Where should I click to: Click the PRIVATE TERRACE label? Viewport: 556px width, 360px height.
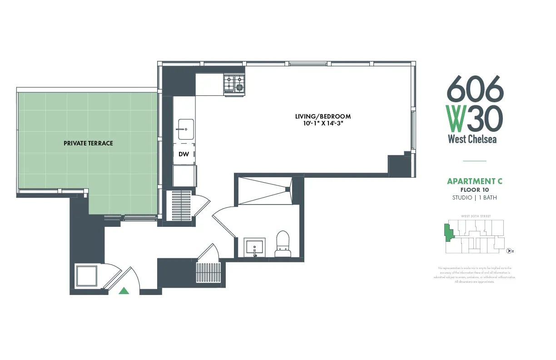(88, 143)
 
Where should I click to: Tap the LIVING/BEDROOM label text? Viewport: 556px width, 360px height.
(323, 116)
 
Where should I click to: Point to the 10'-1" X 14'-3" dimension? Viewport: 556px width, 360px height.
(323, 124)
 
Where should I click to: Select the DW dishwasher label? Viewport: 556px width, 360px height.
(184, 155)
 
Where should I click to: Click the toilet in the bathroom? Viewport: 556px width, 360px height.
(283, 243)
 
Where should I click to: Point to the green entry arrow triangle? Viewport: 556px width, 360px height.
(124, 291)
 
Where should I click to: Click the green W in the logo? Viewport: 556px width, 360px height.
(455, 118)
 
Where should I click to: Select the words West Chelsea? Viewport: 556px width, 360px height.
(472, 139)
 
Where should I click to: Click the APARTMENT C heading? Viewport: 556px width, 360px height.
(475, 181)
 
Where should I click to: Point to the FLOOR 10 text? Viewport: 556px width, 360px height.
(475, 190)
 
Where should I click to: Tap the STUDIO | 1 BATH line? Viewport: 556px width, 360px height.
(475, 198)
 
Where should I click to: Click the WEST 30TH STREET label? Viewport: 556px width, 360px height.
(476, 216)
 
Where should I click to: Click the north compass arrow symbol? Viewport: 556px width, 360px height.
(509, 251)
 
